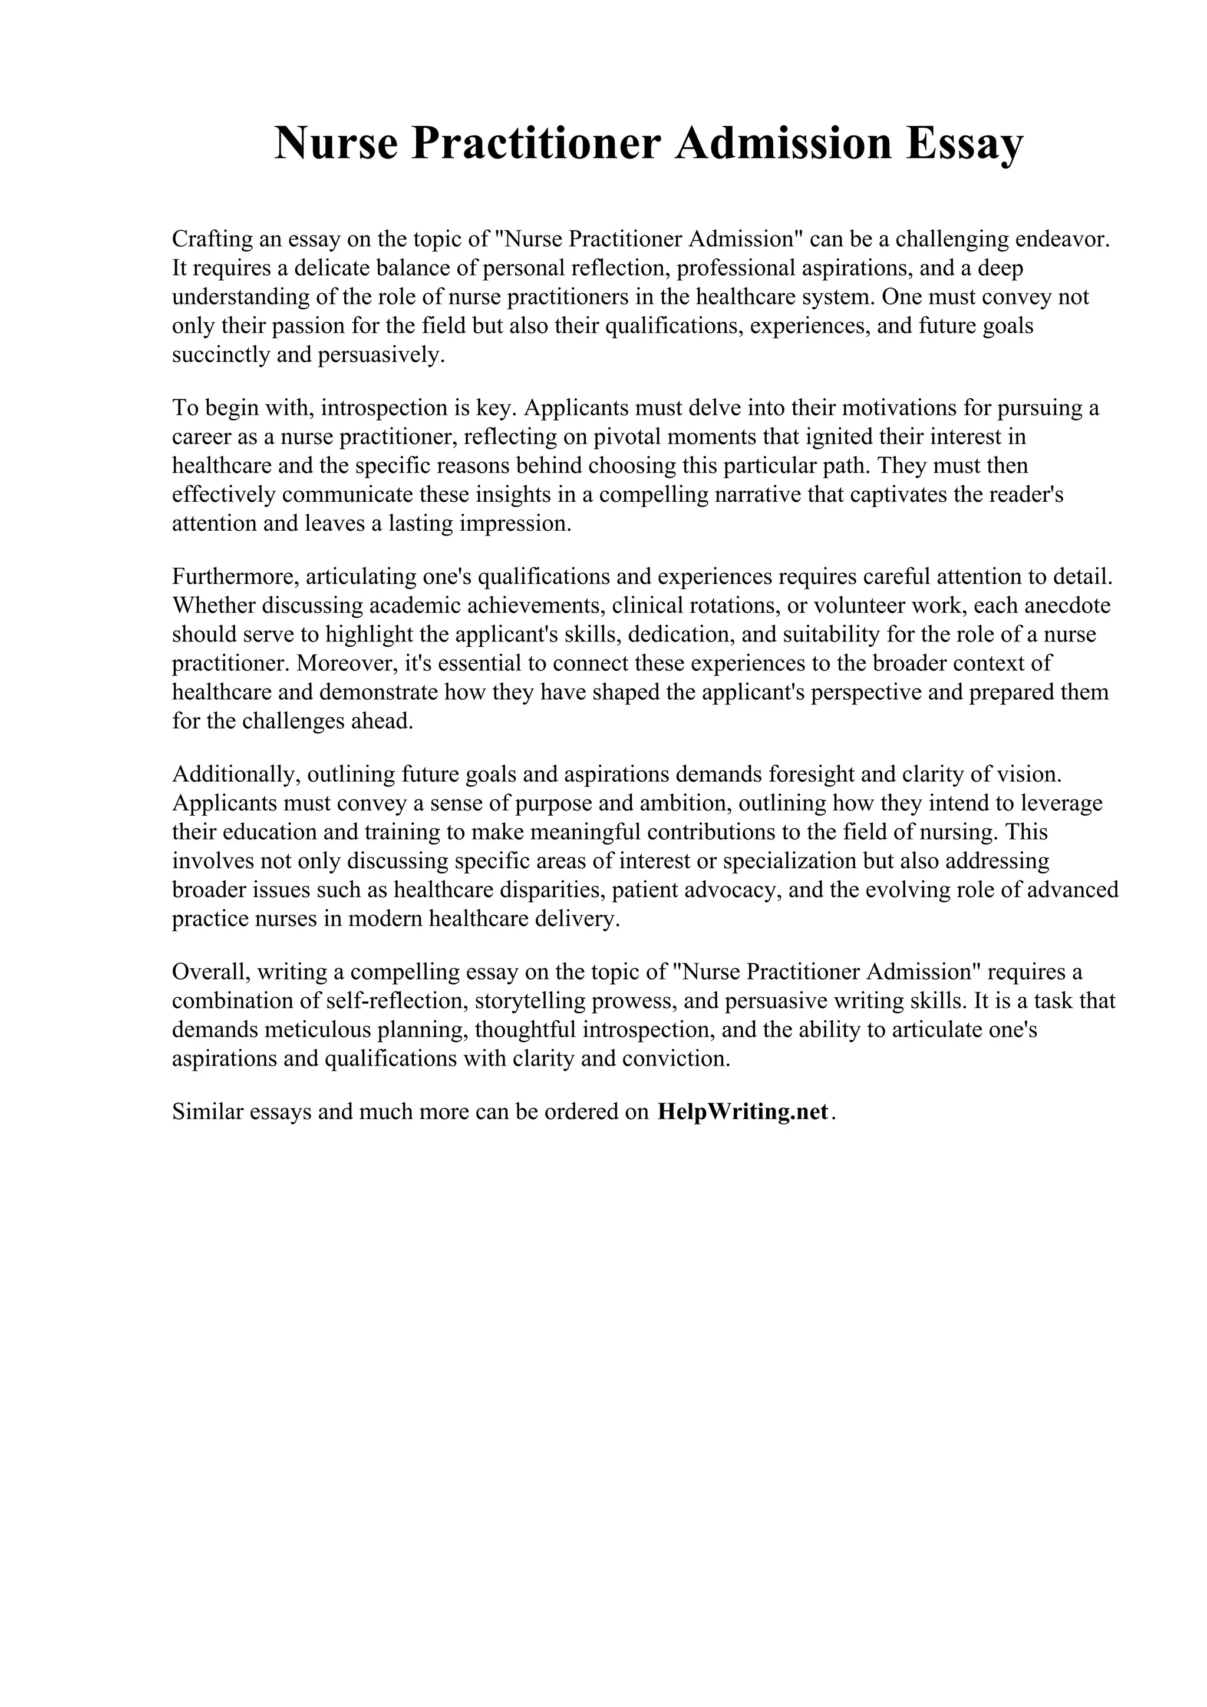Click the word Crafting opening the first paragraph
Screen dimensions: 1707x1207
(x=210, y=239)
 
